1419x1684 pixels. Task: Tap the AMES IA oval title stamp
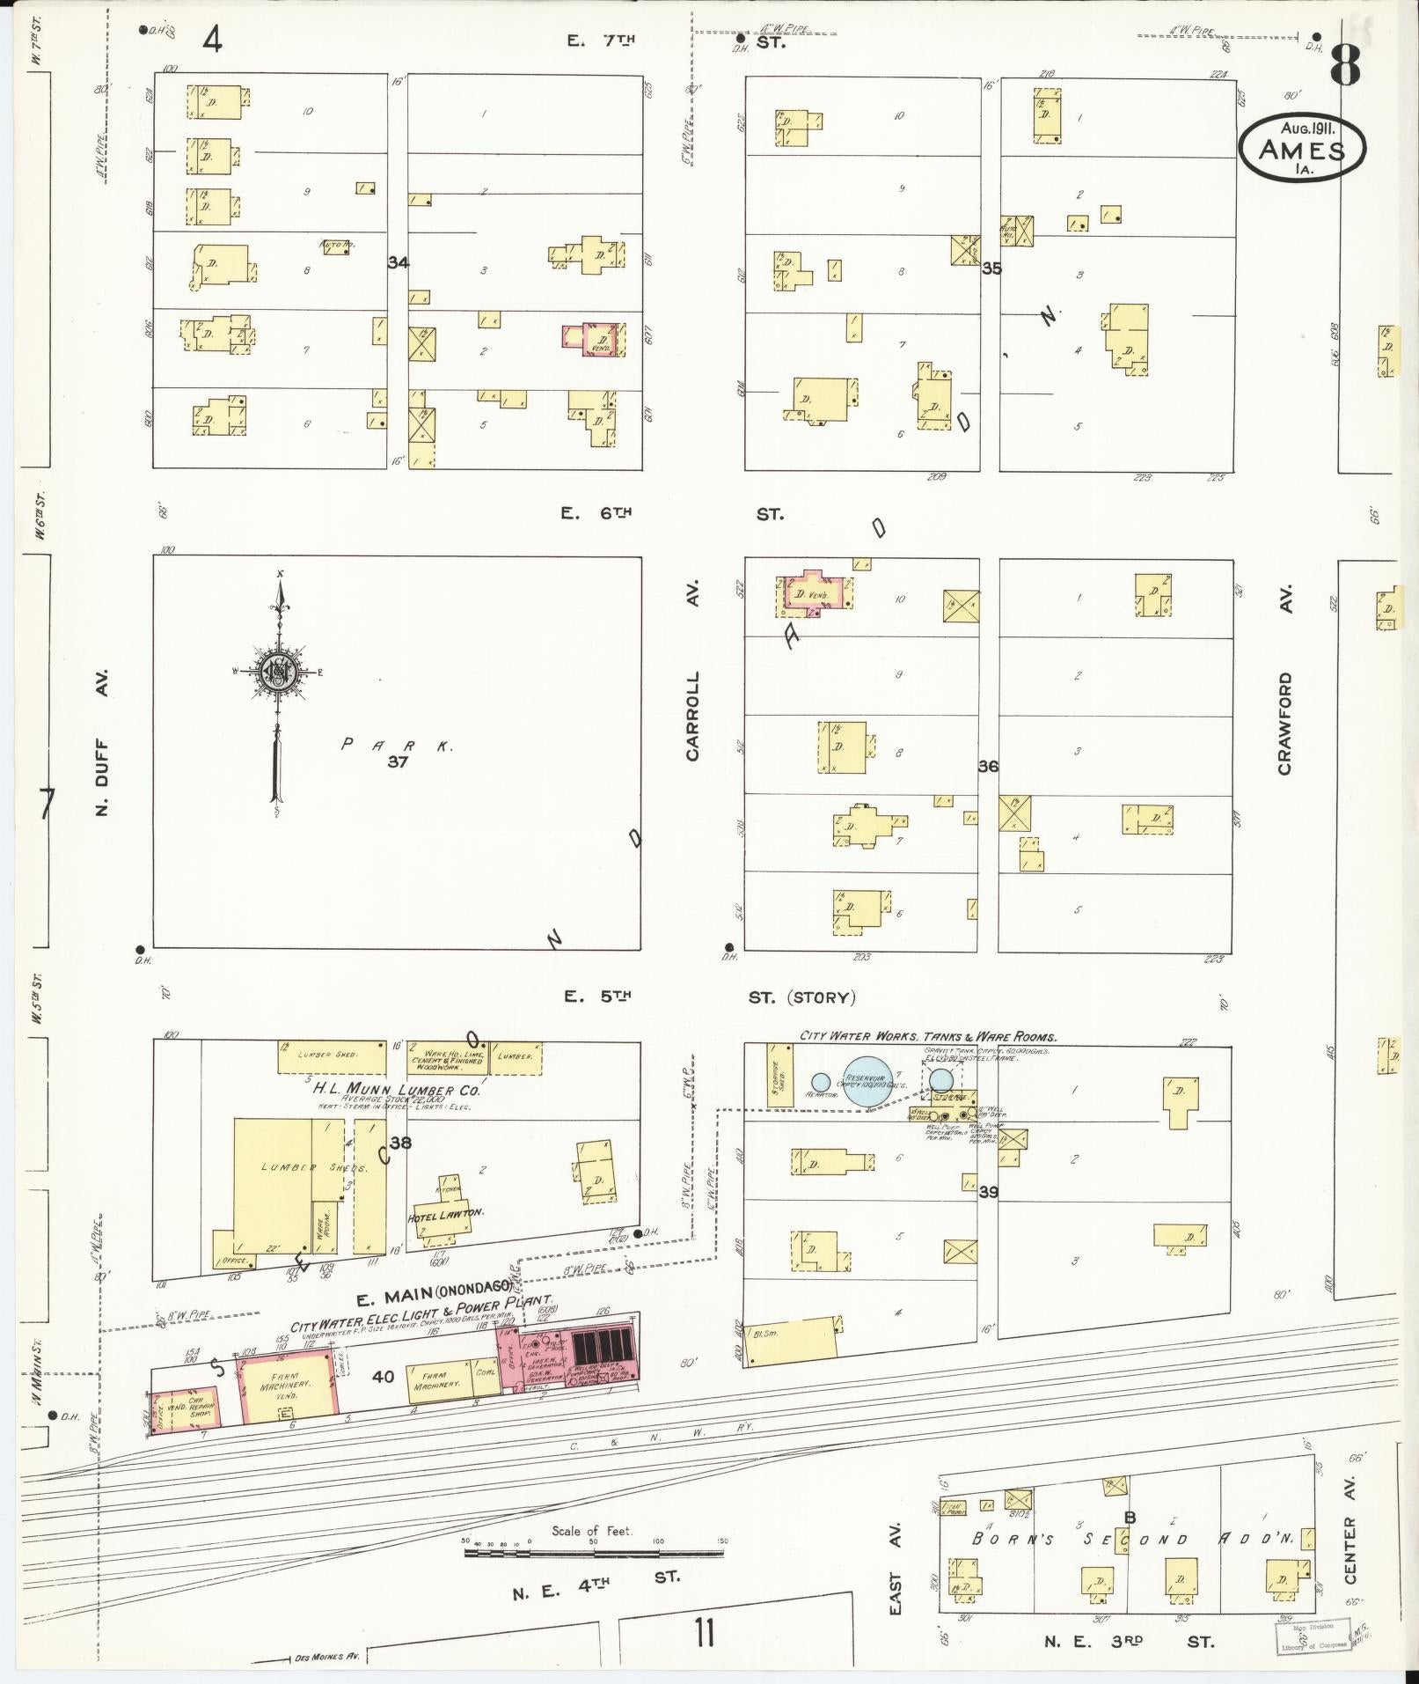[1302, 149]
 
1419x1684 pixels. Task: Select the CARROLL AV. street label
[694, 717]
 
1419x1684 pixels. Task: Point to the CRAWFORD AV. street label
[1285, 724]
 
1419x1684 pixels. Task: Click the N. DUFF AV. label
[103, 742]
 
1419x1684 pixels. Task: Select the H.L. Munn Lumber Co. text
[396, 1091]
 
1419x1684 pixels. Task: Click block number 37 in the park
[398, 761]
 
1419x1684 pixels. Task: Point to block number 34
[399, 262]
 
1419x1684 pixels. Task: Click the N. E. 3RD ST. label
[1129, 1641]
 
